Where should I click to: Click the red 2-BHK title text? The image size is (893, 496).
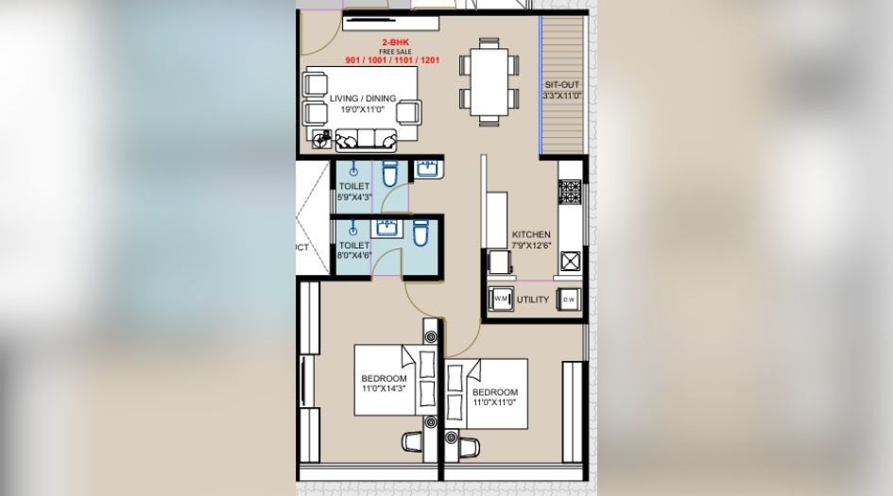tap(396, 43)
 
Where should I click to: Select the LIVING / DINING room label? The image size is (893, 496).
tap(363, 98)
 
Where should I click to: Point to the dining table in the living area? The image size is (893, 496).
tap(489, 80)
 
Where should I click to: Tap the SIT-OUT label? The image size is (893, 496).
tap(561, 85)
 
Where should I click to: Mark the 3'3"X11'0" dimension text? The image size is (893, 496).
tap(561, 96)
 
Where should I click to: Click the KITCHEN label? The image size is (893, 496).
tap(530, 234)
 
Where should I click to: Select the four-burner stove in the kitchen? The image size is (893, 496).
tap(570, 192)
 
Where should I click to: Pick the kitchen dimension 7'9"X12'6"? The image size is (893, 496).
tap(530, 246)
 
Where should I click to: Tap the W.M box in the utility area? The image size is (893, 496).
tap(501, 300)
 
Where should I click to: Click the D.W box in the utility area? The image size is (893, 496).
tap(569, 300)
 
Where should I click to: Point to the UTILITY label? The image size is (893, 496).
tap(533, 300)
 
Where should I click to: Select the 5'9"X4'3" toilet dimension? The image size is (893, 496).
tap(355, 197)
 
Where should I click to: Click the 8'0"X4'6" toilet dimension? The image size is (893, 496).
tap(355, 256)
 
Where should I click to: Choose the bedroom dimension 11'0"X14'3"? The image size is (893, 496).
tap(384, 388)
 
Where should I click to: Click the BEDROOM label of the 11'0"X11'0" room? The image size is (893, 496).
tap(494, 392)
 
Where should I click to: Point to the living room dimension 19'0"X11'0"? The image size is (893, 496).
tap(363, 110)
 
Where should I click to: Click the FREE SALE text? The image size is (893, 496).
tap(397, 53)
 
